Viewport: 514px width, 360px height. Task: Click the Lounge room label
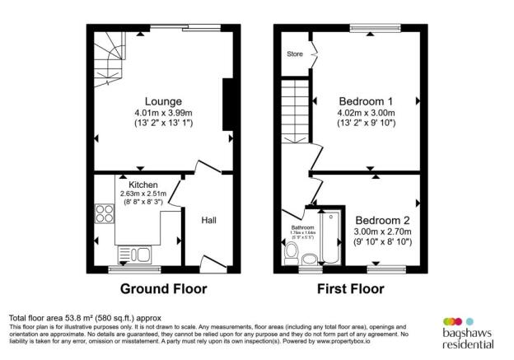coord(158,102)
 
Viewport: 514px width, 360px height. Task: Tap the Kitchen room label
coord(143,185)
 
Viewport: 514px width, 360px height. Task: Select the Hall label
coord(209,220)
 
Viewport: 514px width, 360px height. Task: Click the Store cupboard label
coord(294,55)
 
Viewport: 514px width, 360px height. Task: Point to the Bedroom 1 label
coord(365,102)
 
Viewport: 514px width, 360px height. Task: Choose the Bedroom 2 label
coord(384,221)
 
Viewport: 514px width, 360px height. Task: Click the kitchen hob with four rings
coord(105,213)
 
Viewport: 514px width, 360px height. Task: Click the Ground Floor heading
coord(164,289)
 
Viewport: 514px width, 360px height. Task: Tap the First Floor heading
coord(352,289)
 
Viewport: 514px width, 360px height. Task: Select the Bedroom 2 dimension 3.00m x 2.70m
coord(384,232)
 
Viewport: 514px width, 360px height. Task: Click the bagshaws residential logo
coord(467,331)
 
